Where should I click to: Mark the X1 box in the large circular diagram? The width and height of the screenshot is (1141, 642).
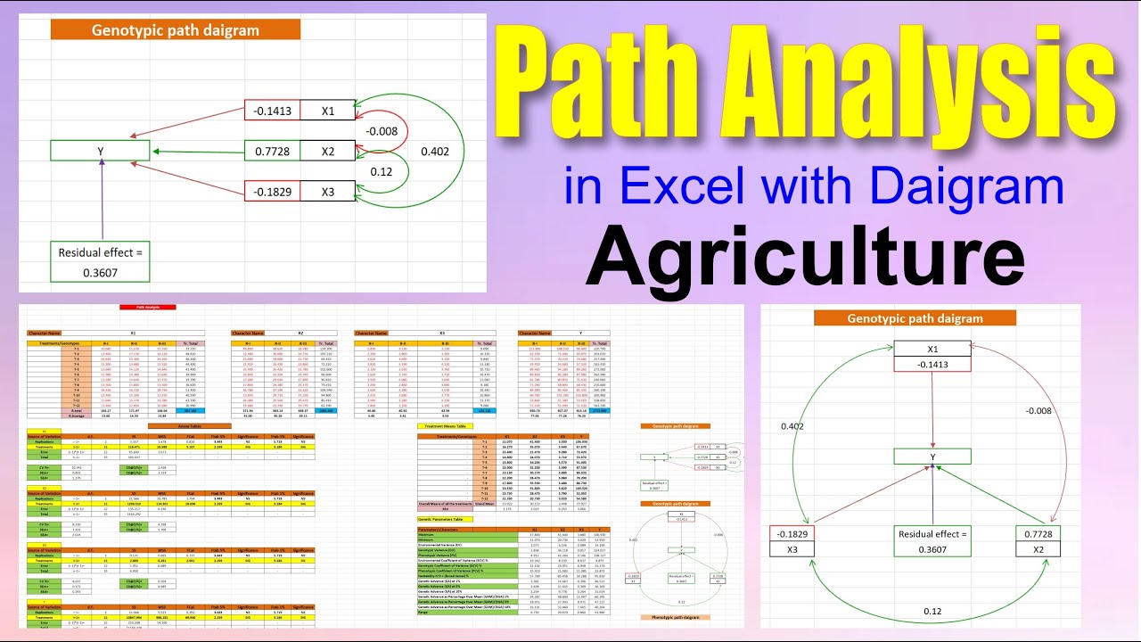pyautogui.click(x=932, y=350)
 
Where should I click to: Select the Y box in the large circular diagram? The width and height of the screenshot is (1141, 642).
pyautogui.click(x=932, y=457)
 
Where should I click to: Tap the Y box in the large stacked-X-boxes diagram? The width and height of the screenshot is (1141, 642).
pyautogui.click(x=100, y=152)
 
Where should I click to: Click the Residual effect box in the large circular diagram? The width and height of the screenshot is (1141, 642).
pyautogui.click(x=932, y=541)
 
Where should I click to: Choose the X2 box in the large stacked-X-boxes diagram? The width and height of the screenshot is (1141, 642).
pyautogui.click(x=327, y=152)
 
